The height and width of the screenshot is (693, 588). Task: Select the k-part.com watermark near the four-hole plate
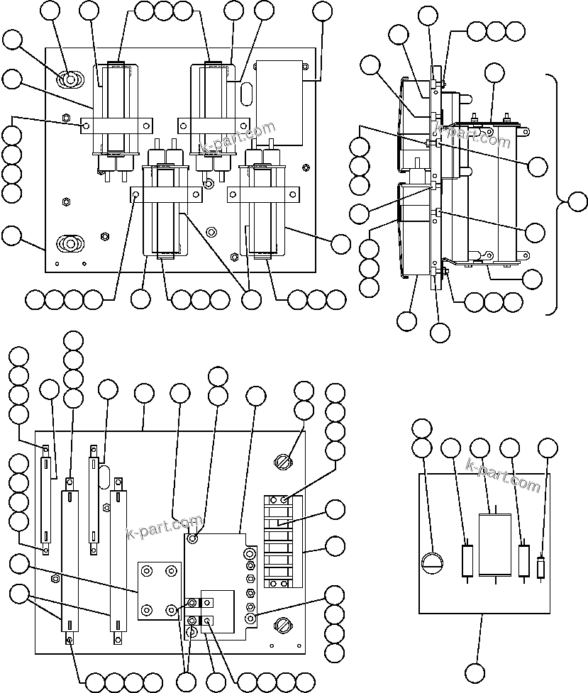pos(163,528)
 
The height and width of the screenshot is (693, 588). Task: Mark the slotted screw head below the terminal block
pos(282,626)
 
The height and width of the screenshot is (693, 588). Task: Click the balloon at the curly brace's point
pos(578,201)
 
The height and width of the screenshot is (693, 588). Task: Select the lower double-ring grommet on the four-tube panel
pos(69,244)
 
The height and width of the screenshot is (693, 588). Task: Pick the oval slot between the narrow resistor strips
pos(104,476)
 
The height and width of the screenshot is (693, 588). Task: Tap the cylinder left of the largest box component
pos(468,561)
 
